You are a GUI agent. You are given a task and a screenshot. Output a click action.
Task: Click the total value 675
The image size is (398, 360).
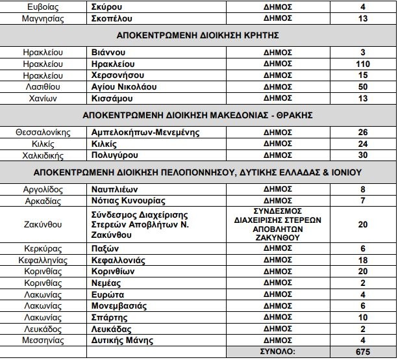click(363, 352)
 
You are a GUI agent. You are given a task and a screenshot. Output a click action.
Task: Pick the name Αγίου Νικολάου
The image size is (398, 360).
click(121, 86)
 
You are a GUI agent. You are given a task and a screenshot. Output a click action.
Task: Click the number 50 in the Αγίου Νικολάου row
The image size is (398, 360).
click(363, 86)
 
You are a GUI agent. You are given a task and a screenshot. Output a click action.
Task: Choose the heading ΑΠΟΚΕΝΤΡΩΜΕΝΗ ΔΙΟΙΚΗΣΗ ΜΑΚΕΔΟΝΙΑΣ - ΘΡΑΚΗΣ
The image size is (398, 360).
click(198, 116)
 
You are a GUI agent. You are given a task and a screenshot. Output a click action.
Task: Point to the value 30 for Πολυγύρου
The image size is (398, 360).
click(363, 155)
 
